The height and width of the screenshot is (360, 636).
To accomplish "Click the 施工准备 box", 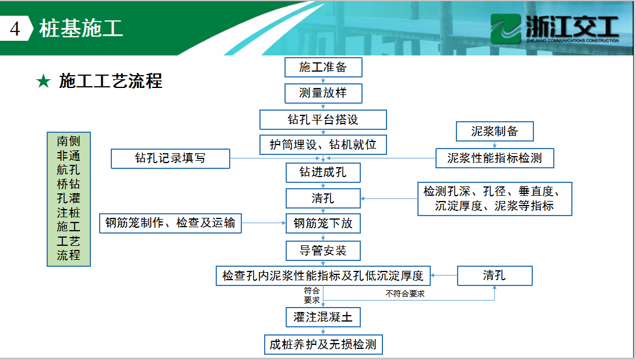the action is pyautogui.click(x=324, y=68).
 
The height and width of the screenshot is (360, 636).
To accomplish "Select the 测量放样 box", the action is pyautogui.click(x=324, y=93).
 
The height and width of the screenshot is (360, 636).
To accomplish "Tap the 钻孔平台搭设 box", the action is pyautogui.click(x=324, y=119).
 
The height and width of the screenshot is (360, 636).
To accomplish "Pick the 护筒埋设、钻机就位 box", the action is pyautogui.click(x=324, y=144).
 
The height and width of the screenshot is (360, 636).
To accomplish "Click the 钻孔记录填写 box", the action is pyautogui.click(x=170, y=158).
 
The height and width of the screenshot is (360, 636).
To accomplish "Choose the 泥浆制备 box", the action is pyautogui.click(x=494, y=131).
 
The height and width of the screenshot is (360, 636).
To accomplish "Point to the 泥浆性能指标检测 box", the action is pyautogui.click(x=494, y=158).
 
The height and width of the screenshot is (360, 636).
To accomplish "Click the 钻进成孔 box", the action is pyautogui.click(x=324, y=172).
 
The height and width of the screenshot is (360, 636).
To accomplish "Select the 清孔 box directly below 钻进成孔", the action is pyautogui.click(x=324, y=199).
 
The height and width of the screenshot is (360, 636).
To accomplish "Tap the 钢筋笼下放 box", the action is pyautogui.click(x=324, y=223).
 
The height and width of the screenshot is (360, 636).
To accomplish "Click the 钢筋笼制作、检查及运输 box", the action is pyautogui.click(x=170, y=223).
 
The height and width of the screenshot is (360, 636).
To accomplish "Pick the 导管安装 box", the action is pyautogui.click(x=324, y=251).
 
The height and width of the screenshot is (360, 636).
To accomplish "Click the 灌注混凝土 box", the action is pyautogui.click(x=324, y=317).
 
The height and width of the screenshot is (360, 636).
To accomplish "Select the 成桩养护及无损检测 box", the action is pyautogui.click(x=324, y=345).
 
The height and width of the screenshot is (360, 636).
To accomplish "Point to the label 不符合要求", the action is pyautogui.click(x=405, y=294).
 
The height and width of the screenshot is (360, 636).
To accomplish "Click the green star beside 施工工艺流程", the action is pyautogui.click(x=43, y=81).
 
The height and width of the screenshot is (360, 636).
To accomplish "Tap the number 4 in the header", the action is pyautogui.click(x=15, y=29).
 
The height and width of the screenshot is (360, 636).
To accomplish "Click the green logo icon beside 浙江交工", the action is pyautogui.click(x=505, y=29).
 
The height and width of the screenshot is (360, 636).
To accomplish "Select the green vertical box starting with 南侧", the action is pyautogui.click(x=69, y=199).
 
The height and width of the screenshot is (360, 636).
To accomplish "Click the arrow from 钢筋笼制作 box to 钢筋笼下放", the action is pyautogui.click(x=263, y=223).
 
